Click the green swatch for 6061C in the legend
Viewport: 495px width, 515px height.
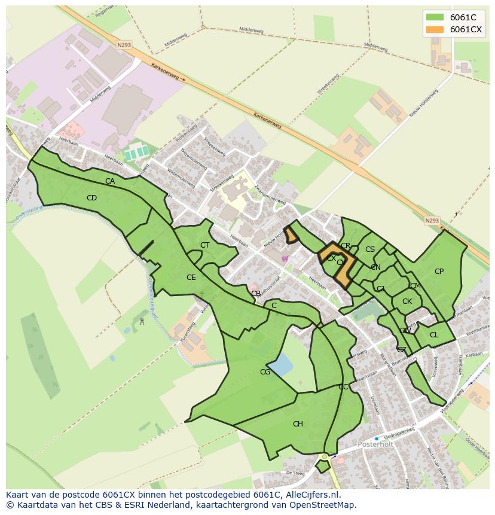click(x=435, y=17)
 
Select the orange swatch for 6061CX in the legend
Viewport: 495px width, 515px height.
click(x=435, y=29)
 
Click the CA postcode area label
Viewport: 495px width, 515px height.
click(x=110, y=181)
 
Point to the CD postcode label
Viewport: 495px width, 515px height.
click(x=91, y=198)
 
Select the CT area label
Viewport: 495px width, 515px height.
click(x=204, y=245)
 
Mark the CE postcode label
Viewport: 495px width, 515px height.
click(x=191, y=278)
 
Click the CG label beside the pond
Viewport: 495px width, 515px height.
click(x=265, y=372)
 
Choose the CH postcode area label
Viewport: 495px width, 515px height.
click(x=298, y=424)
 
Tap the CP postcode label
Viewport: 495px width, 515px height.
click(x=439, y=272)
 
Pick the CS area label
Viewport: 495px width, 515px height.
click(x=370, y=249)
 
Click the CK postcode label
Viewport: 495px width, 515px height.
click(x=407, y=301)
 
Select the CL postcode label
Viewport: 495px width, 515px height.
click(x=434, y=335)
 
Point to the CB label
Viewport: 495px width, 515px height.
click(x=255, y=294)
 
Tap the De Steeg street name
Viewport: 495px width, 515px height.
click(x=295, y=473)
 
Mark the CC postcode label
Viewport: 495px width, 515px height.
click(x=343, y=387)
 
